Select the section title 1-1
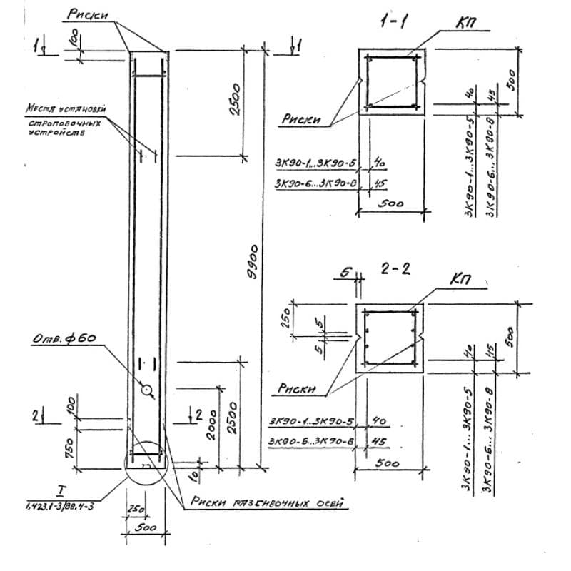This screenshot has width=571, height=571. point(394,22)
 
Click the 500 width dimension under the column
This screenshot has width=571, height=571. point(146,528)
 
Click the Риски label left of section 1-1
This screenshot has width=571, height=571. point(300,120)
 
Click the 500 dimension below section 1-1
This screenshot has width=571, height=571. point(392,203)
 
